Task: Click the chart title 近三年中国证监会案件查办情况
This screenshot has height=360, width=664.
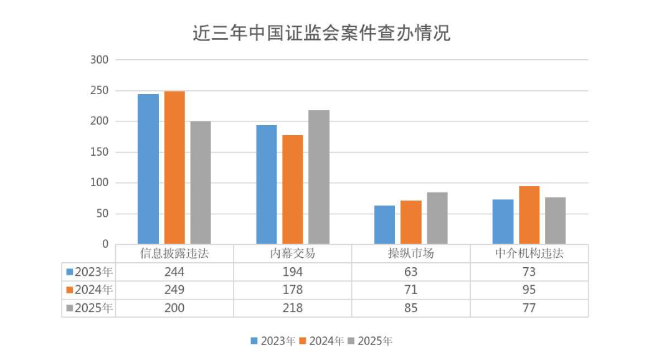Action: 321,33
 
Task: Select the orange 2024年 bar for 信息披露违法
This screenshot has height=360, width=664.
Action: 174,168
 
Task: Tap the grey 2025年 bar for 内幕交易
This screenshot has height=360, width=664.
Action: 319,178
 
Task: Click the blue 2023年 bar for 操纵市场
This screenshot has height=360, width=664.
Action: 384,225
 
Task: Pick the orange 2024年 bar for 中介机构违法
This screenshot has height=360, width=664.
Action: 529,215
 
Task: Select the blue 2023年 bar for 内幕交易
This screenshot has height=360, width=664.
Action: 267,184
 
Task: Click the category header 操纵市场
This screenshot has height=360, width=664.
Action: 410,253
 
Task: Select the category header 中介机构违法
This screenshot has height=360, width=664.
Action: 529,253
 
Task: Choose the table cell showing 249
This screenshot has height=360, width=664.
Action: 174,290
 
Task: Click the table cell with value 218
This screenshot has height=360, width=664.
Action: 292,308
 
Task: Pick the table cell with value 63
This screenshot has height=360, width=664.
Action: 410,272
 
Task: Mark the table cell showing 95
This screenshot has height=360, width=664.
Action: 529,290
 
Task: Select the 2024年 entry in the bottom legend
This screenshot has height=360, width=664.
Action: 321,341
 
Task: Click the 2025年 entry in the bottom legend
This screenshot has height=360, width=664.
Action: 371,341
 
